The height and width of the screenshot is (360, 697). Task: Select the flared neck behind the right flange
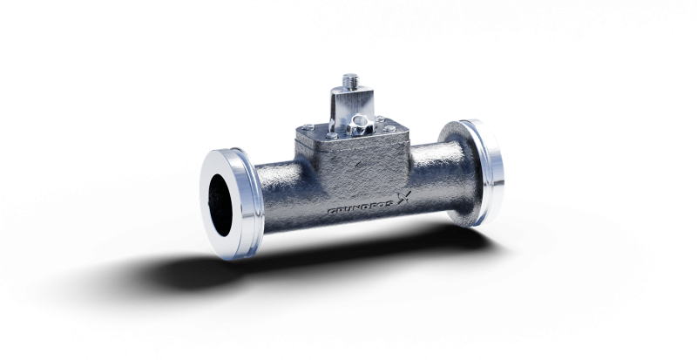click(455, 157)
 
